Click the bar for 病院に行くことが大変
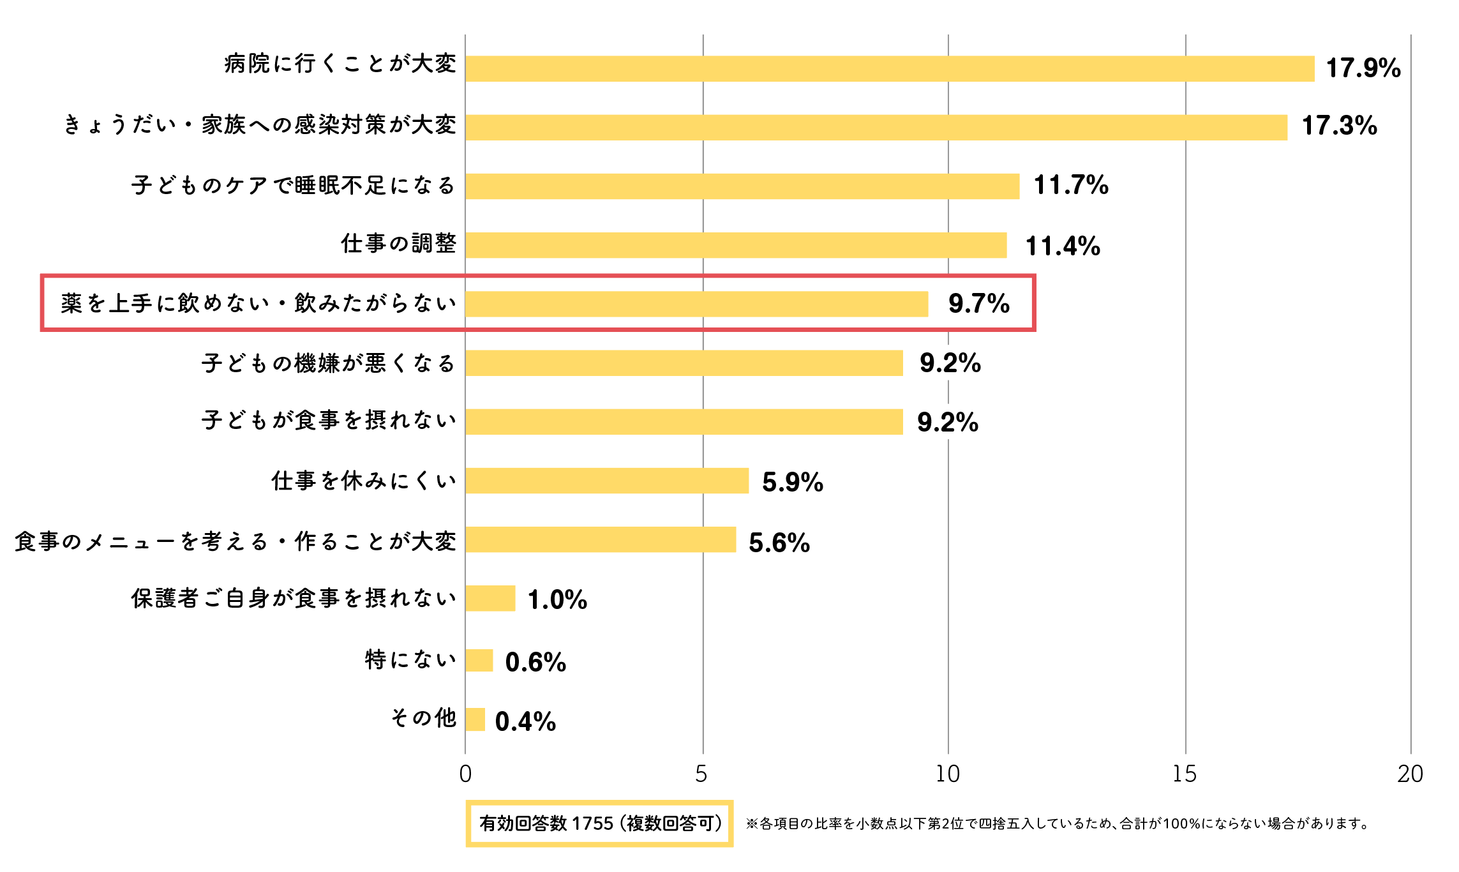click(x=890, y=68)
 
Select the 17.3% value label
click(x=1339, y=126)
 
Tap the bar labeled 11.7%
click(x=742, y=186)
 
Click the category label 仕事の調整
click(x=398, y=244)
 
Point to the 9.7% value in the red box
click(x=978, y=303)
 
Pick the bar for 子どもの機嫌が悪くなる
click(x=684, y=363)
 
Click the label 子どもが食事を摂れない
click(x=329, y=421)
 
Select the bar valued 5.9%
click(x=607, y=481)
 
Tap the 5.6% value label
click(x=779, y=543)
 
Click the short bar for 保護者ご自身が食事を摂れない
click(x=490, y=598)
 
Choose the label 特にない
click(x=410, y=659)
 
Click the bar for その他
click(x=475, y=719)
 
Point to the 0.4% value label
click(x=525, y=721)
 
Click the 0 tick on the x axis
click(x=465, y=774)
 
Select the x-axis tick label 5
click(x=701, y=774)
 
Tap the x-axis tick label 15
click(x=1184, y=774)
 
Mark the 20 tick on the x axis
click(x=1410, y=774)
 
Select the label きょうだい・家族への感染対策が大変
click(x=260, y=125)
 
